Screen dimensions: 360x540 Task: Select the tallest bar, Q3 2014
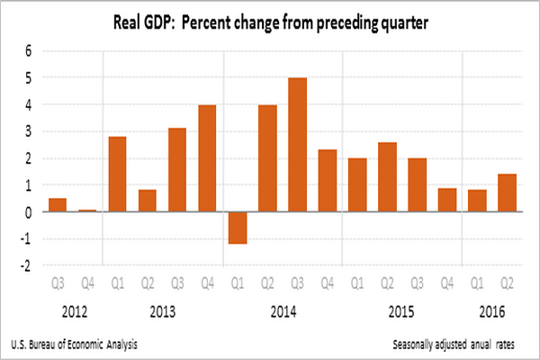(x=298, y=145)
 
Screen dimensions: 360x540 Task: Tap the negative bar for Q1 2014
(x=237, y=228)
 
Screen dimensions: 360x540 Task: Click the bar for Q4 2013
(x=206, y=158)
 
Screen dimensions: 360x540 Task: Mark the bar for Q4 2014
(x=328, y=181)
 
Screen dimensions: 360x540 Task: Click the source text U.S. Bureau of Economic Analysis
(x=76, y=345)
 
